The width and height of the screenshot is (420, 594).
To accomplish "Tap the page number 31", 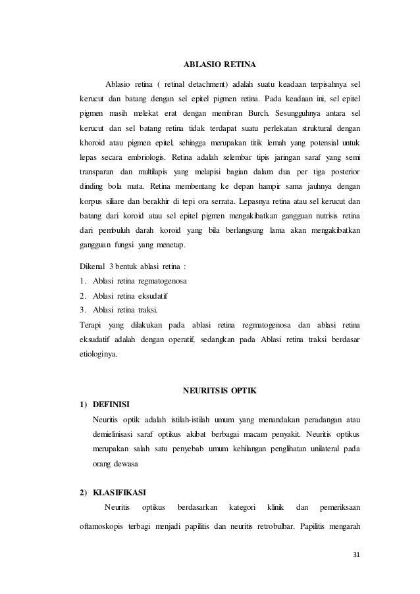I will coord(357,553).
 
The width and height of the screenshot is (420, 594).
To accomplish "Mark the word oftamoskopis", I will coord(103,526).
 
